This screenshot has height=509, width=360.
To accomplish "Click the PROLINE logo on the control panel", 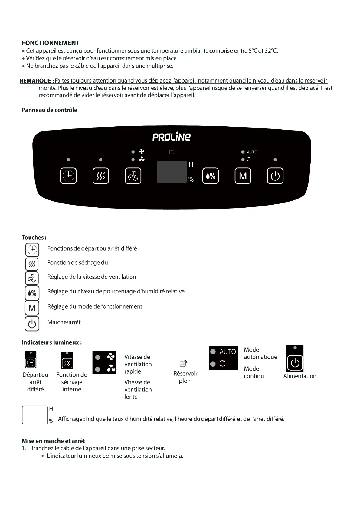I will tap(172, 137).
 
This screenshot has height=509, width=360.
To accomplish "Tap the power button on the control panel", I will tap(275, 176).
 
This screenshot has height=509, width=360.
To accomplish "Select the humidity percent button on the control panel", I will tap(210, 176).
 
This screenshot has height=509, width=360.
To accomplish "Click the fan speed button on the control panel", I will tap(133, 176).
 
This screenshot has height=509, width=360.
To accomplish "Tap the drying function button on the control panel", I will tap(101, 176).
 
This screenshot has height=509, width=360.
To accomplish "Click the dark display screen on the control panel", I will tap(172, 172).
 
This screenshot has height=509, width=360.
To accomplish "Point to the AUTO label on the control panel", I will tap(252, 152).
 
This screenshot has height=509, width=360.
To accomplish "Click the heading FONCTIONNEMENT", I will tap(51, 43).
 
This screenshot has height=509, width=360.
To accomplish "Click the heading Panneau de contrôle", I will tap(49, 110).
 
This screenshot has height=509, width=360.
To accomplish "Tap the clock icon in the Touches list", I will tap(32, 250).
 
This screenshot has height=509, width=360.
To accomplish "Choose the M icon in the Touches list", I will tap(32, 308).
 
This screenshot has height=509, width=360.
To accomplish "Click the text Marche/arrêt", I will tap(64, 322).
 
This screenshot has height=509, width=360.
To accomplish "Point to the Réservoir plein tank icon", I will tap(183, 363).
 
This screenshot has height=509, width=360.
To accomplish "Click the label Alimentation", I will tap(300, 376).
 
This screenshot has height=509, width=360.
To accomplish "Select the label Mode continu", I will tap(254, 372).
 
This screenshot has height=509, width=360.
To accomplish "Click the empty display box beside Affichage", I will tap(35, 415).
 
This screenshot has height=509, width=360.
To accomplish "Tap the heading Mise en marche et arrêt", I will tap(53, 441).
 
